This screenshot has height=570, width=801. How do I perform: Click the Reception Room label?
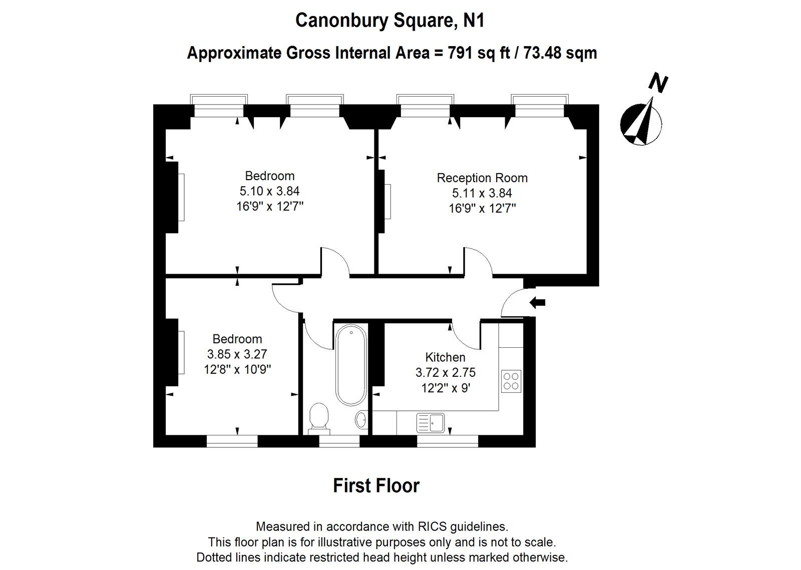coord(482,178)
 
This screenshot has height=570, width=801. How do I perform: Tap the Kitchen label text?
coord(445,357)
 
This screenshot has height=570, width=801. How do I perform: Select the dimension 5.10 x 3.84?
coord(269,191)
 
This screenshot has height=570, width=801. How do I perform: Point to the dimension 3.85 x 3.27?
coord(237,354)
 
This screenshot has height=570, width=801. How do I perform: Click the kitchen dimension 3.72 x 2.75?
coord(445,373)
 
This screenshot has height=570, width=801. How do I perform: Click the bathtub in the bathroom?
coord(350,364)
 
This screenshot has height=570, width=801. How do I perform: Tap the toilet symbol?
coord(319,417)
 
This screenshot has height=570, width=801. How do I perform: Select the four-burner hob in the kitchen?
coord(511,381)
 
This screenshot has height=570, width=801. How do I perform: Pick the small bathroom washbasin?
coord(361,419)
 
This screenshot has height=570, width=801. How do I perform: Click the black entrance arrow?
coord(538,302)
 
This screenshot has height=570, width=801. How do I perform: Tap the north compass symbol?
coord(641,123)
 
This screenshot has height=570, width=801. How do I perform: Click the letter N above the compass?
coord(659,83)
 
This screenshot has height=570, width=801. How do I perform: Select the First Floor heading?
coord(376,485)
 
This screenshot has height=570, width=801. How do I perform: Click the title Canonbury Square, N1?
coord(389,21)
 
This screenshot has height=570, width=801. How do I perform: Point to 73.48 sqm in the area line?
coord(560,53)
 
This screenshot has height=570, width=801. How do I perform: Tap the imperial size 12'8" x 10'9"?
coord(237,370)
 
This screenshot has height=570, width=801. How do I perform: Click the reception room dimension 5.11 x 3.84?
coord(482,193)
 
